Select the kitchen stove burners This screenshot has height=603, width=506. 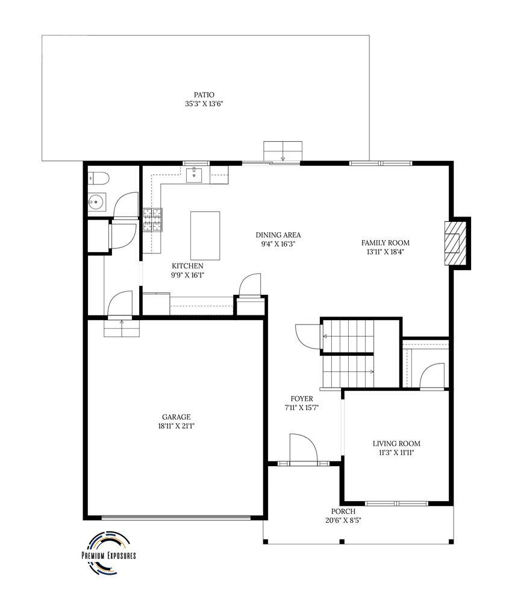coord(152,220)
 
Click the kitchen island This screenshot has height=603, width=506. coord(205,235)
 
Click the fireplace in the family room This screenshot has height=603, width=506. coord(455,243)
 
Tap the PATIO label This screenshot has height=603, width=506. coord(204,95)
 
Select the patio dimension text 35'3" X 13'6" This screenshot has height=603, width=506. coord(204,104)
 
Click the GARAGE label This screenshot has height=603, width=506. coord(176,417)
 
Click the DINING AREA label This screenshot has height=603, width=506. coord(278,235)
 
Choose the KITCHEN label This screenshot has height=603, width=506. coord(187,266)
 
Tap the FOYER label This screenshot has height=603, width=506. coord(301,399)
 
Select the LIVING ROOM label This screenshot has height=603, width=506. coord(396,444)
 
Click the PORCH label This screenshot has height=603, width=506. coord(342,511)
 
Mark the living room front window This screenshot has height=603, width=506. coord(396,503)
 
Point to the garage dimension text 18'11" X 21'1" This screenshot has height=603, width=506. coord(176,426)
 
